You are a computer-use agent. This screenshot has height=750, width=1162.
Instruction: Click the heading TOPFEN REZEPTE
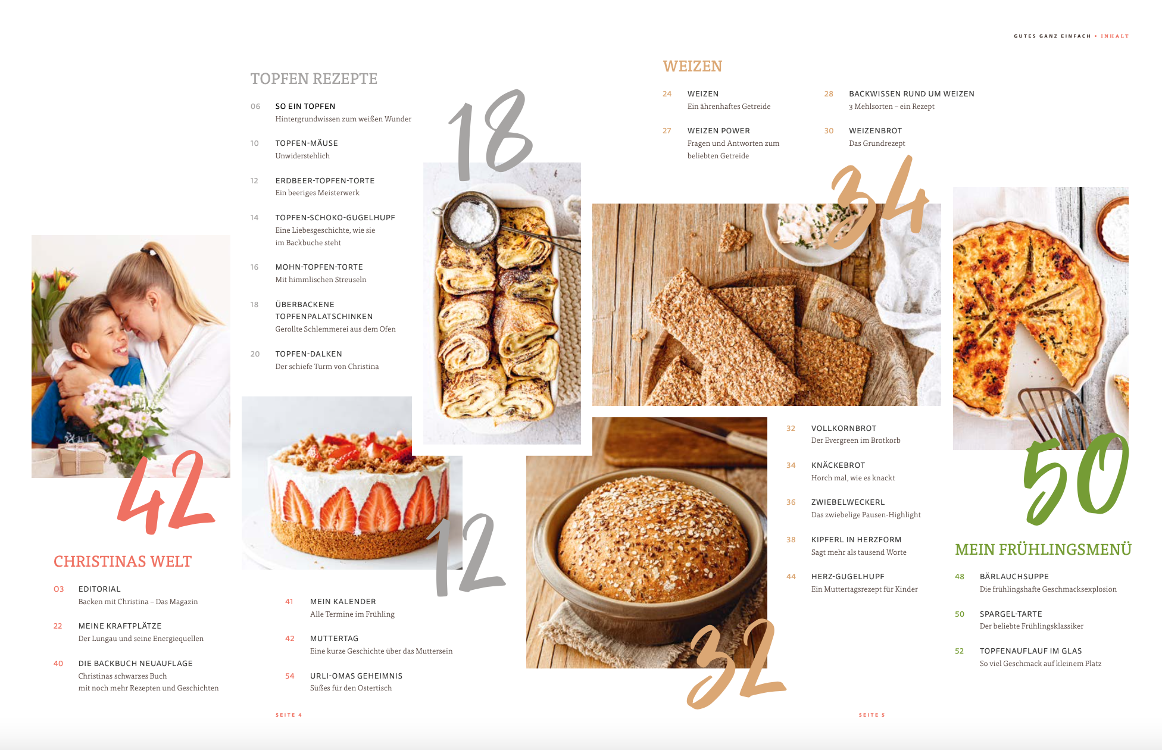tap(314, 79)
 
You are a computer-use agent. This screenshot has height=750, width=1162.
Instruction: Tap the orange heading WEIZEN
tap(692, 66)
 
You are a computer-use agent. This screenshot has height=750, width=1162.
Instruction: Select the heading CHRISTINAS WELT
tap(123, 561)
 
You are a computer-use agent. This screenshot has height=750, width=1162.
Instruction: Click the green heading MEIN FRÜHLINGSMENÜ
tap(1043, 549)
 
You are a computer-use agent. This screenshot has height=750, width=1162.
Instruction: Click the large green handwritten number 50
tap(1074, 479)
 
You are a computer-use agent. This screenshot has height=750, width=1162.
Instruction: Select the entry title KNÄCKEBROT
tap(838, 465)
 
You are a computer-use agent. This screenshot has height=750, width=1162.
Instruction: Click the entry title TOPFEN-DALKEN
tap(308, 354)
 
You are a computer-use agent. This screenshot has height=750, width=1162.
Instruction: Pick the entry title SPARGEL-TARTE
tap(1011, 614)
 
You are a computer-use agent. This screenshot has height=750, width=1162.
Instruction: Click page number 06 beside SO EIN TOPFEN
tap(255, 107)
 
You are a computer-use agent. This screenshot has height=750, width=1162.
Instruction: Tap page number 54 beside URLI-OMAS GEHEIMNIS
tap(290, 676)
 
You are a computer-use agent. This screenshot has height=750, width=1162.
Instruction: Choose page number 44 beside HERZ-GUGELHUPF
tap(791, 577)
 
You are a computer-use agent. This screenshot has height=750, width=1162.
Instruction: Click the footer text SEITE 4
tap(289, 715)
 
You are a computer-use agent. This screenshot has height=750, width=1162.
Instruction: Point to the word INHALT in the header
tap(1115, 36)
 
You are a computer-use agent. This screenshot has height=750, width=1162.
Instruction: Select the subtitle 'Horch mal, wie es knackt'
tap(853, 478)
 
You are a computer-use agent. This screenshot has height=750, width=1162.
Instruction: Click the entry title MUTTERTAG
tap(335, 639)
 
